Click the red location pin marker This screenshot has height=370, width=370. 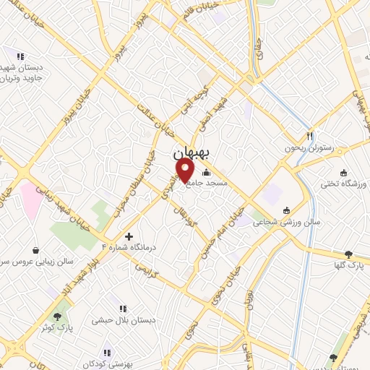[186, 171]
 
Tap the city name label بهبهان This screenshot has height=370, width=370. [192, 154]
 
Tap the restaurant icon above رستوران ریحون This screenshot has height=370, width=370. [309, 134]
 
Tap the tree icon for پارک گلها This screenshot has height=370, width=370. [349, 254]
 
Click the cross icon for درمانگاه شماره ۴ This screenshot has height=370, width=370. [129, 236]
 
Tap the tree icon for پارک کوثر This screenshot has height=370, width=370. [57, 316]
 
